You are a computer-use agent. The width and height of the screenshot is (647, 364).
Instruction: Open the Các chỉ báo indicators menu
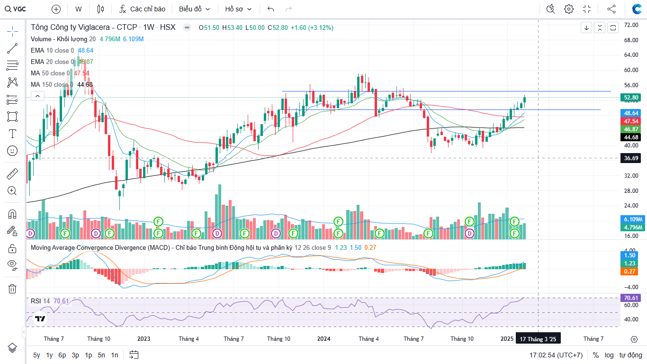[142, 9]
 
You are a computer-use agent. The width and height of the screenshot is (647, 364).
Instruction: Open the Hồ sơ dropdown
[238, 9]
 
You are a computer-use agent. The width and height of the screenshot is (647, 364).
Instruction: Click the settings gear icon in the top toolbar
[568, 9]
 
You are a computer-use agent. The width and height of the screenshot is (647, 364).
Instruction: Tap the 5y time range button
[36, 355]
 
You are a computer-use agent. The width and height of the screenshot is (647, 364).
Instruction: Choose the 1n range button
[114, 355]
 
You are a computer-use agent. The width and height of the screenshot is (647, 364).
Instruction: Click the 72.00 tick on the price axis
[630, 25]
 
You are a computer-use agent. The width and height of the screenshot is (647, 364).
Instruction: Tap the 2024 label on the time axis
[324, 339]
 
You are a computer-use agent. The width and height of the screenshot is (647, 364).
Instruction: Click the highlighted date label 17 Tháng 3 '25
[538, 339]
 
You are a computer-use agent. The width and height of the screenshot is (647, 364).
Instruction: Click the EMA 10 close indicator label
[52, 50]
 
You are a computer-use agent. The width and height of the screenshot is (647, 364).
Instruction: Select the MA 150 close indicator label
[52, 84]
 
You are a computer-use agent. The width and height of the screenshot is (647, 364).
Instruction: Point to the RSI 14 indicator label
[40, 301]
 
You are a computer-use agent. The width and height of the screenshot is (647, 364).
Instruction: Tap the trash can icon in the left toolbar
[12, 289]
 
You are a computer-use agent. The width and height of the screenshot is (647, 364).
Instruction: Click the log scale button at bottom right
[609, 355]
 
